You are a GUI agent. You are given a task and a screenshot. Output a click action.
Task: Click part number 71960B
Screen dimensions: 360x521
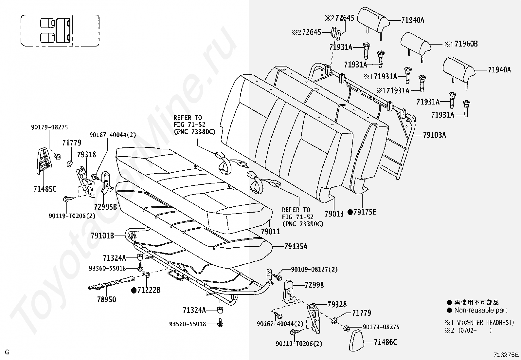tap(466, 44)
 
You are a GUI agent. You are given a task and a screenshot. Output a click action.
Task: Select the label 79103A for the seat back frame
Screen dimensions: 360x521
tap(434, 135)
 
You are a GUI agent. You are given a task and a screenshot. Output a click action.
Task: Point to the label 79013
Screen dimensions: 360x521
tap(334, 214)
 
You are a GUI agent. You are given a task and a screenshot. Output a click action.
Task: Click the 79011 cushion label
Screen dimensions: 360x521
tap(270, 231)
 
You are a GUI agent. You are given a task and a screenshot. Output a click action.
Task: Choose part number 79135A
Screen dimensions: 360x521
tap(296, 246)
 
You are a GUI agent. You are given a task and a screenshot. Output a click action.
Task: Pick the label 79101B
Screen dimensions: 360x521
tap(102, 235)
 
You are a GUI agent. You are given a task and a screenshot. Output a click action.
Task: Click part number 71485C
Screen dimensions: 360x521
tap(45, 189)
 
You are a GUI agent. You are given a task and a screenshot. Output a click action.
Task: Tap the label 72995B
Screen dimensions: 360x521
tap(105, 207)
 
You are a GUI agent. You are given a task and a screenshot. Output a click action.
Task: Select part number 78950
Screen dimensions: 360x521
tap(106, 299)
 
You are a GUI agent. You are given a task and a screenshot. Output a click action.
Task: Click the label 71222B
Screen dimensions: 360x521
tap(149, 290)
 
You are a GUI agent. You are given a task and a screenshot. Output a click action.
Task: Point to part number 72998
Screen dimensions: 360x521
tap(314, 285)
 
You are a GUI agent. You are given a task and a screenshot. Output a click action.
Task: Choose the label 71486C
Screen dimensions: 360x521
tap(385, 342)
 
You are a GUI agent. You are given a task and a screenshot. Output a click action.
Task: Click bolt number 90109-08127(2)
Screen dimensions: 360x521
tap(314, 269)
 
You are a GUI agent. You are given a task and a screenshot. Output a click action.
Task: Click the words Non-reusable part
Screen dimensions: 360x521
tap(481, 310)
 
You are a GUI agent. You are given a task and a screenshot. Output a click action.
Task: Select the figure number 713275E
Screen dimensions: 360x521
tap(506, 354)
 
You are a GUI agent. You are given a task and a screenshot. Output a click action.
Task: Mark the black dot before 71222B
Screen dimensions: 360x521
tap(134, 290)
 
